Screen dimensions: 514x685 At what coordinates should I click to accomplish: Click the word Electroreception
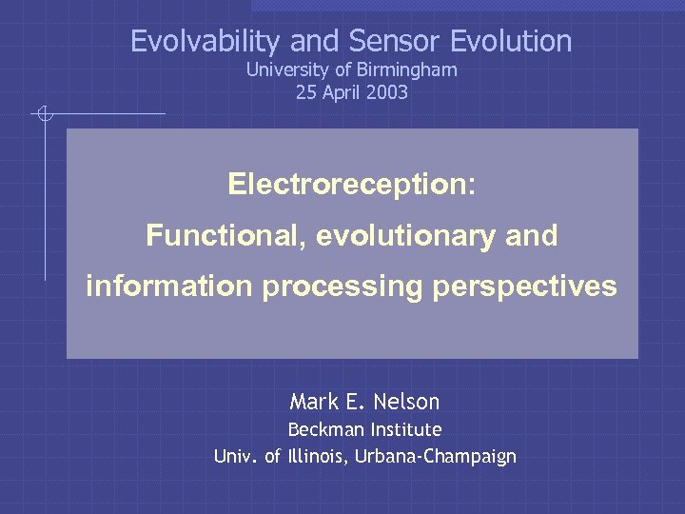348,184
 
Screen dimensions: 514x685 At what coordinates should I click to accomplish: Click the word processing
342,287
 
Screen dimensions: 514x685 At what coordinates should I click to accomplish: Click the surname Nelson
407,402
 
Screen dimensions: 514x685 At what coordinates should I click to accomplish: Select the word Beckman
324,429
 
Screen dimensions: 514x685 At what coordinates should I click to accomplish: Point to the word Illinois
317,457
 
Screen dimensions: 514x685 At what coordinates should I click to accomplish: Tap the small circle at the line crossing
45,115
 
